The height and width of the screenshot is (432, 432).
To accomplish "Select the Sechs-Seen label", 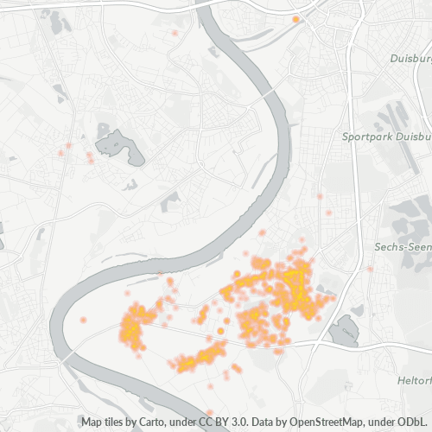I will coord(403,246).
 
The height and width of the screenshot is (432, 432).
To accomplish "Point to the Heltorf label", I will coord(414,381).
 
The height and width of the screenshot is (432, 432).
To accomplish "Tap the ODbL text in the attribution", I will coord(416,422).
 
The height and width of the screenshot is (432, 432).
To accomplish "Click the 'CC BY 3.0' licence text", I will coord(213,422).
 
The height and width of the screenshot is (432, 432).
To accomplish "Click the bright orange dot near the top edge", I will coord(295,18).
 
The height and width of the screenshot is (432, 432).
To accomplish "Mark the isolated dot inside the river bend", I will coord(83,320).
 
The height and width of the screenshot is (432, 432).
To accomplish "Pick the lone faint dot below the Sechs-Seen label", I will coord(370,269).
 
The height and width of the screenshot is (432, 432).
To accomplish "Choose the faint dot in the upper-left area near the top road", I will coord(175,34).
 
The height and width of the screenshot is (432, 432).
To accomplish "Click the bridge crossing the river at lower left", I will coord(66,354).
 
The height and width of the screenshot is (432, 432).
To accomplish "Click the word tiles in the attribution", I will coord(118,422).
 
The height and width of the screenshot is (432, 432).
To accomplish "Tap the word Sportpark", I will coord(366,137).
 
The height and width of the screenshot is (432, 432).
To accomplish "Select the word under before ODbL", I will coord(384,422).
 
